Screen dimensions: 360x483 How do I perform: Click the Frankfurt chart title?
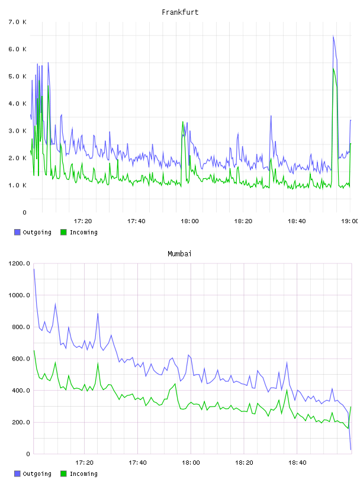pyautogui.click(x=180, y=12)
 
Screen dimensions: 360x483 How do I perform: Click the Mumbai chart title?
pyautogui.click(x=179, y=254)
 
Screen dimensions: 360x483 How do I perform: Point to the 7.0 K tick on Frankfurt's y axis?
pyautogui.click(x=18, y=22)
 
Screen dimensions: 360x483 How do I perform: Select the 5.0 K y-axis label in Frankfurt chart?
pyautogui.click(x=18, y=76)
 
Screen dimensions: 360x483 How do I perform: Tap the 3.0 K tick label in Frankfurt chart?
pyautogui.click(x=18, y=131)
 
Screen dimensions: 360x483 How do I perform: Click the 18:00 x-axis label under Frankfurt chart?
pyautogui.click(x=189, y=221)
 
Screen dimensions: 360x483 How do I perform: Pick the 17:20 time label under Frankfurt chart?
pyautogui.click(x=83, y=221)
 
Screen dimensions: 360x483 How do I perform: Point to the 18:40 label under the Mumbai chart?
pyautogui.click(x=297, y=463)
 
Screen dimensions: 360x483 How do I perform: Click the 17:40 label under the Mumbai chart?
pyautogui.click(x=137, y=463)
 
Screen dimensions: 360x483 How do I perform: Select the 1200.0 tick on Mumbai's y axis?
pyautogui.click(x=19, y=263)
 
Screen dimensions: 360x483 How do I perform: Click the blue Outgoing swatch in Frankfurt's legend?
pyautogui.click(x=17, y=232)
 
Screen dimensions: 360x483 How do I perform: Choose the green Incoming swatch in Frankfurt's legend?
pyautogui.click(x=63, y=232)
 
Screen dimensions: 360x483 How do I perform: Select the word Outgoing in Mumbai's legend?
pyautogui.click(x=37, y=474)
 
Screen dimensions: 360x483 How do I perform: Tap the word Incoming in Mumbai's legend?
pyautogui.click(x=83, y=474)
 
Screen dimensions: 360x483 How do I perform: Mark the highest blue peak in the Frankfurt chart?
pyautogui.click(x=333, y=36)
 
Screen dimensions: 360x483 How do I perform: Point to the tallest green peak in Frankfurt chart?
pyautogui.click(x=333, y=69)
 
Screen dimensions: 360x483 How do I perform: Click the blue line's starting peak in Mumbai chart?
pyautogui.click(x=34, y=269)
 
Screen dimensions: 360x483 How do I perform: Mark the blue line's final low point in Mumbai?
pyautogui.click(x=351, y=449)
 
